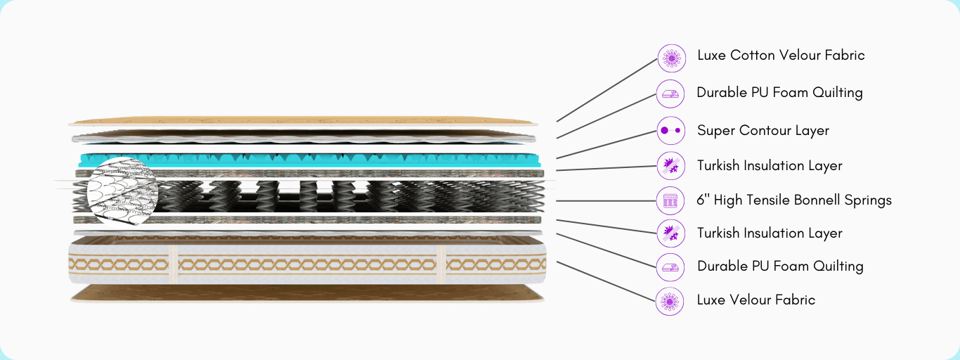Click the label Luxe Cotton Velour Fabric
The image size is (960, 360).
click(780, 55)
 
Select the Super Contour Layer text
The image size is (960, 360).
click(763, 131)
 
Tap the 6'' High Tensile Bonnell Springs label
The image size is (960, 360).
click(793, 200)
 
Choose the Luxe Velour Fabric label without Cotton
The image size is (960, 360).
click(755, 300)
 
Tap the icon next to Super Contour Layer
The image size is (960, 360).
click(670, 131)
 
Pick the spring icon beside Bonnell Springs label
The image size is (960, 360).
click(670, 200)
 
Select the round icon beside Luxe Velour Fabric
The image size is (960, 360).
click(670, 301)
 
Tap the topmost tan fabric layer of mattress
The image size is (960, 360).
click(302, 121)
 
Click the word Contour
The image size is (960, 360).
click(764, 131)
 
